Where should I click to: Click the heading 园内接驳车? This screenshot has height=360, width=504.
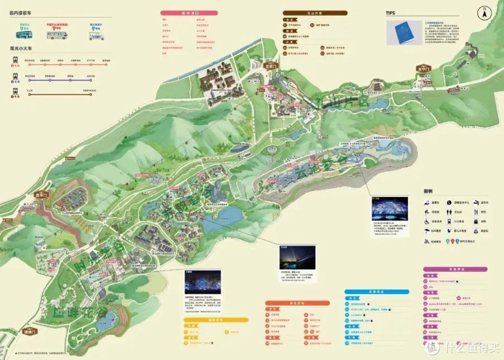pos(21,12)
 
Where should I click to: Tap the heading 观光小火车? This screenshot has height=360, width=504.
pos(21,49)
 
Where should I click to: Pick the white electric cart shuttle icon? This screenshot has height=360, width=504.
pos(96,35)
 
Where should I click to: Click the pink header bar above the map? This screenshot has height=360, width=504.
pos(189,12)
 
